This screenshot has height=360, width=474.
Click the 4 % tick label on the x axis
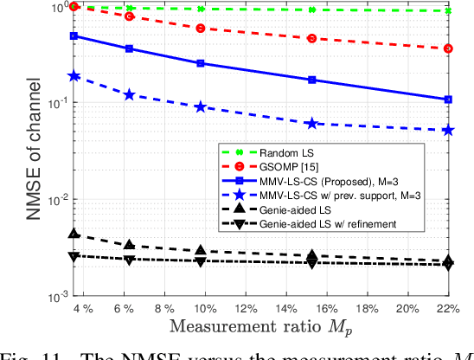pyautogui.click(x=82, y=309)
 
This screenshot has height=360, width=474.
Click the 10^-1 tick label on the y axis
pyautogui.click(x=50, y=103)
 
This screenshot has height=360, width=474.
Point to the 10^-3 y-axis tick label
pyautogui.click(x=50, y=297)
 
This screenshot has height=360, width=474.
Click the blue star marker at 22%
pyautogui.click(x=448, y=130)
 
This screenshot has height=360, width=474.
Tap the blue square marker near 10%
pyautogui.click(x=201, y=63)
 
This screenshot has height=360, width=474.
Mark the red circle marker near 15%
pyautogui.click(x=311, y=38)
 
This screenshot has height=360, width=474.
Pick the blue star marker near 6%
pyautogui.click(x=130, y=93)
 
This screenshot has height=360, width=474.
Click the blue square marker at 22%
pyautogui.click(x=448, y=100)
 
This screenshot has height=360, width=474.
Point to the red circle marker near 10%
pyautogui.click(x=201, y=29)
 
